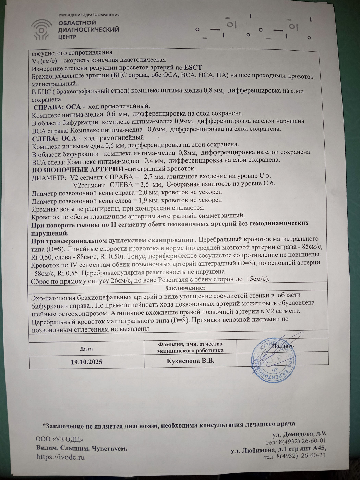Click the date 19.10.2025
pos(86,362)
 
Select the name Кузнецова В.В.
pos(190,361)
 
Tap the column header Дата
pos(86,348)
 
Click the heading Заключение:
pos(185,288)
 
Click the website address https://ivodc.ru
pos(60,457)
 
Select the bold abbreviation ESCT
pos(193,68)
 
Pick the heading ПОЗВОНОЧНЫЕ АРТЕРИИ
pos(78,169)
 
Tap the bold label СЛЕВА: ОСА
pos(54,139)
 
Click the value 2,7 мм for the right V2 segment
pos(154,176)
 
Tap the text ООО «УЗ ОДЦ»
pos(60,439)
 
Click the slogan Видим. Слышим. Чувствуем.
pos(82,448)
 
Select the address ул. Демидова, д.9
pos(299,434)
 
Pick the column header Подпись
pos(283,346)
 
